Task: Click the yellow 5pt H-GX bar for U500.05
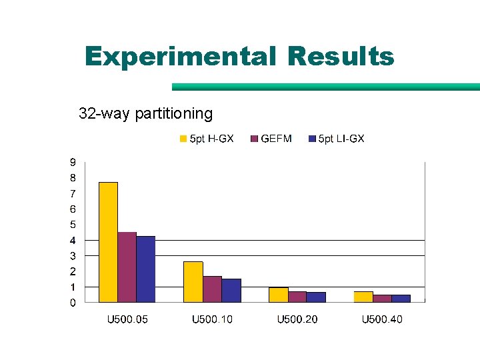pos(108,242)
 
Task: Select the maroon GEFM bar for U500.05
pos(127,267)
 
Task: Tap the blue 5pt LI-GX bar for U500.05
pos(145,269)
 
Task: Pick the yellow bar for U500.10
pos(193,281)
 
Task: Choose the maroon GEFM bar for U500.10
pos(212,289)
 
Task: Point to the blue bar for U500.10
pos(231,290)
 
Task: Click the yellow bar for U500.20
pos(278,295)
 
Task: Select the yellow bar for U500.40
pos(363,297)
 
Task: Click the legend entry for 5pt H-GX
pos(207,139)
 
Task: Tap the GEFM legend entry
pos(271,139)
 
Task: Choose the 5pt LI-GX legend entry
pos(337,139)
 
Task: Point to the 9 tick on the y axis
pos(73,162)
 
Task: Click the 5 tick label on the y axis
pos(73,225)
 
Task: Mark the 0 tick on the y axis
pos(73,303)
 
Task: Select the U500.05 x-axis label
pos(128,319)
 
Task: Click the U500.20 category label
pos(297,319)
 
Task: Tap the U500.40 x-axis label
pos(382,319)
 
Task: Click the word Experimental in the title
pos(180,57)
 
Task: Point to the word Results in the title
pos(341,57)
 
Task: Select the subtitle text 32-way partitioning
pos(145,113)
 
